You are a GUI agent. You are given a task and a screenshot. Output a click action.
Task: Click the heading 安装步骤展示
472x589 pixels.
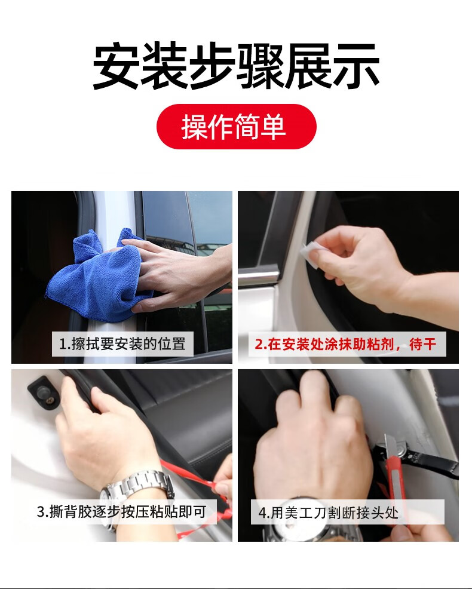tap(235, 66)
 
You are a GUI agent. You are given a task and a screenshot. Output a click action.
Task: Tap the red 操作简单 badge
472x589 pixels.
tap(237, 127)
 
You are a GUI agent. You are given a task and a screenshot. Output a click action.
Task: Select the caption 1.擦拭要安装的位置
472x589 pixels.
tap(122, 343)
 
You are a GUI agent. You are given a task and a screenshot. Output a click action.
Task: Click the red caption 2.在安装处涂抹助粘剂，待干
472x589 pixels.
tap(346, 343)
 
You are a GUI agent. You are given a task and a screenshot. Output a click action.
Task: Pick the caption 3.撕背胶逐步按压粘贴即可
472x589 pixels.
tap(122, 511)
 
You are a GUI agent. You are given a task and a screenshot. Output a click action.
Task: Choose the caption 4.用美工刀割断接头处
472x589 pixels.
tap(328, 513)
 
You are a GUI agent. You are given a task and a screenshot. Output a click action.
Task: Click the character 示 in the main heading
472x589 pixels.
tap(356, 66)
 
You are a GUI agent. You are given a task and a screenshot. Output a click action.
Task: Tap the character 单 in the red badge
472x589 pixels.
tap(273, 127)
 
